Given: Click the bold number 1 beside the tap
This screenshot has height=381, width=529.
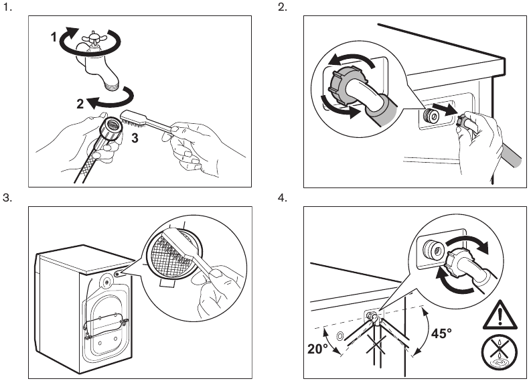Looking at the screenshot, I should [54, 38].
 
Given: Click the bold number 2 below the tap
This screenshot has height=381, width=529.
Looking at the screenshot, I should [80, 103].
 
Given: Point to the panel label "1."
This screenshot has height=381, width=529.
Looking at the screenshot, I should [8, 8].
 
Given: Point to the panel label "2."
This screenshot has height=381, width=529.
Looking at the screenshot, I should [281, 8].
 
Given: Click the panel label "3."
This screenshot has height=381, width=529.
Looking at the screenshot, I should [8, 198].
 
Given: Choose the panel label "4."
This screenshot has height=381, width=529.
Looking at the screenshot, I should [281, 198].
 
